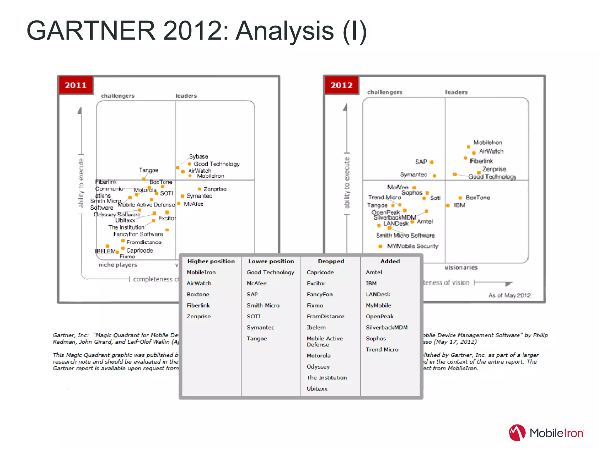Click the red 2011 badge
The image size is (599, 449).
[x=76, y=85]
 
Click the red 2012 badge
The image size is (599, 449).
[x=341, y=85]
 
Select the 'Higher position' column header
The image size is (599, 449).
[x=211, y=261]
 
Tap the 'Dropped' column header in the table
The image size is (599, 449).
[x=331, y=261]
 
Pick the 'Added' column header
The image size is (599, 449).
[x=390, y=261]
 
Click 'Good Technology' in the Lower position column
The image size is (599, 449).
[x=270, y=272]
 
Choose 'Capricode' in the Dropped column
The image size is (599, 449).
[x=320, y=272]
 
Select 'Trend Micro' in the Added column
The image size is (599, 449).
[x=382, y=350]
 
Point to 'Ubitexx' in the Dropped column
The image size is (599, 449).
[x=317, y=389]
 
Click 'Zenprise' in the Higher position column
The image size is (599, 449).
[x=199, y=317]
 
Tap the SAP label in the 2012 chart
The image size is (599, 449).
[x=421, y=162]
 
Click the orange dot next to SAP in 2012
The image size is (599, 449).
[x=431, y=162]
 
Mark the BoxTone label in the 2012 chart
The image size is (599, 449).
[x=478, y=198]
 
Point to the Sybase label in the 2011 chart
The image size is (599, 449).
[x=199, y=156]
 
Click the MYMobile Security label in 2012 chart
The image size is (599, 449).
[x=412, y=246]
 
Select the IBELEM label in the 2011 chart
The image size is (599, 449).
[x=105, y=251]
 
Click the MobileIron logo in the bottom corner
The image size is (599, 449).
[x=546, y=433]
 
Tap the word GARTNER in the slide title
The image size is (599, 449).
[x=91, y=31]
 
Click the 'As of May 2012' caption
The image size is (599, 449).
[x=509, y=295]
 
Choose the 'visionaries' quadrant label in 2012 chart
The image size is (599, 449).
[x=461, y=267]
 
